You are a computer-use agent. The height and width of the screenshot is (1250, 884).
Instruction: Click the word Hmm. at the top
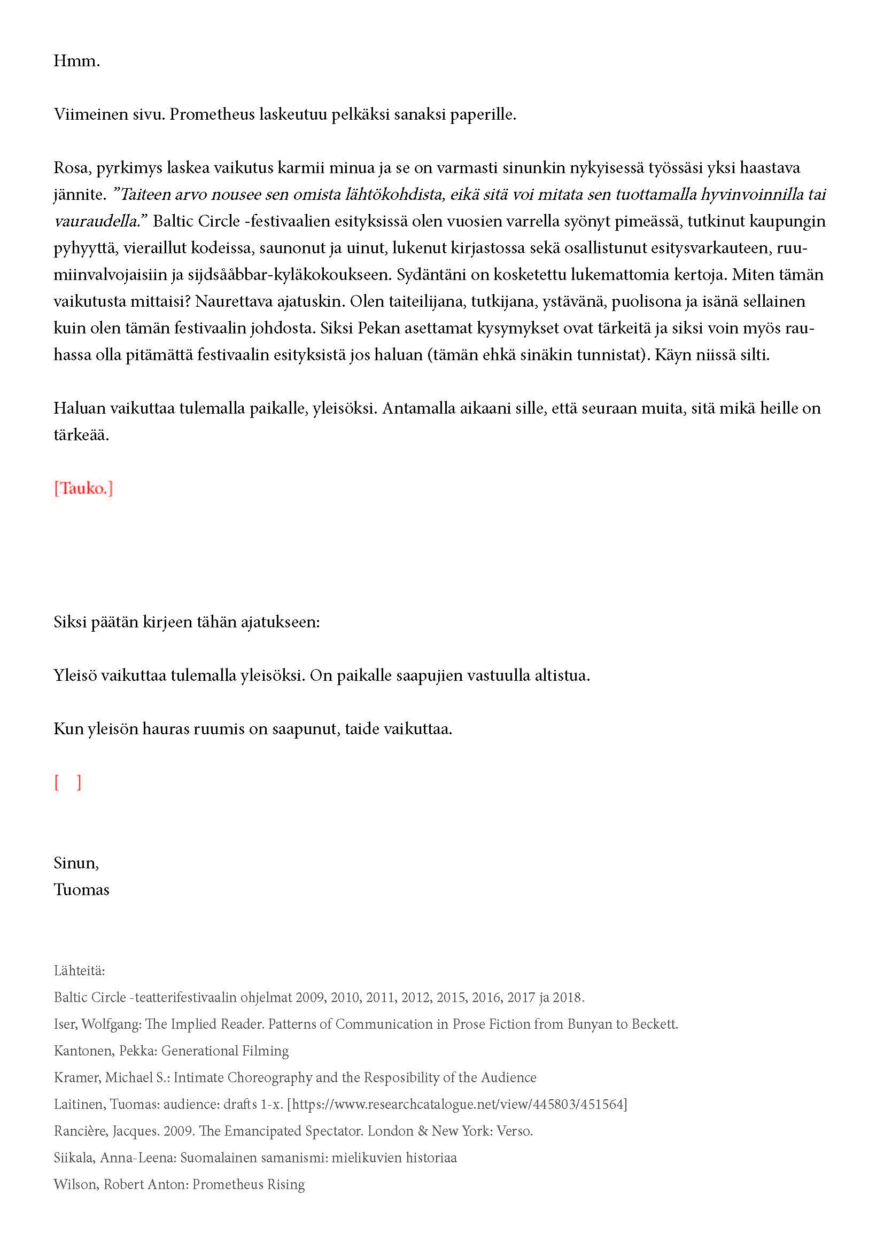pyautogui.click(x=76, y=61)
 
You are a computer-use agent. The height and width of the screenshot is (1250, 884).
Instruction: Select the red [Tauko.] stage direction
pyautogui.click(x=83, y=488)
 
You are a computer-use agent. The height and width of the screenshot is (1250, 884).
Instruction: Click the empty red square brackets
pyautogui.click(x=67, y=782)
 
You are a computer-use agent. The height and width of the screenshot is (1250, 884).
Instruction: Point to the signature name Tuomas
pyautogui.click(x=81, y=890)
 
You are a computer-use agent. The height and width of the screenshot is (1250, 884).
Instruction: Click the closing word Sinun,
pyautogui.click(x=76, y=863)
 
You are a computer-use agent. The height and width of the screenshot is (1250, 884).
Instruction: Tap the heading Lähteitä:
pyautogui.click(x=79, y=971)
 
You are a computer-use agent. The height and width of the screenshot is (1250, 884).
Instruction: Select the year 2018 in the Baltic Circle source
pyautogui.click(x=568, y=997)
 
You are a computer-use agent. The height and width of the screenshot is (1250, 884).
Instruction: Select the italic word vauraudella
pyautogui.click(x=100, y=221)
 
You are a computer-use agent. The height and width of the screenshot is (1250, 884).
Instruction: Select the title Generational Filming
pyautogui.click(x=225, y=1051)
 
